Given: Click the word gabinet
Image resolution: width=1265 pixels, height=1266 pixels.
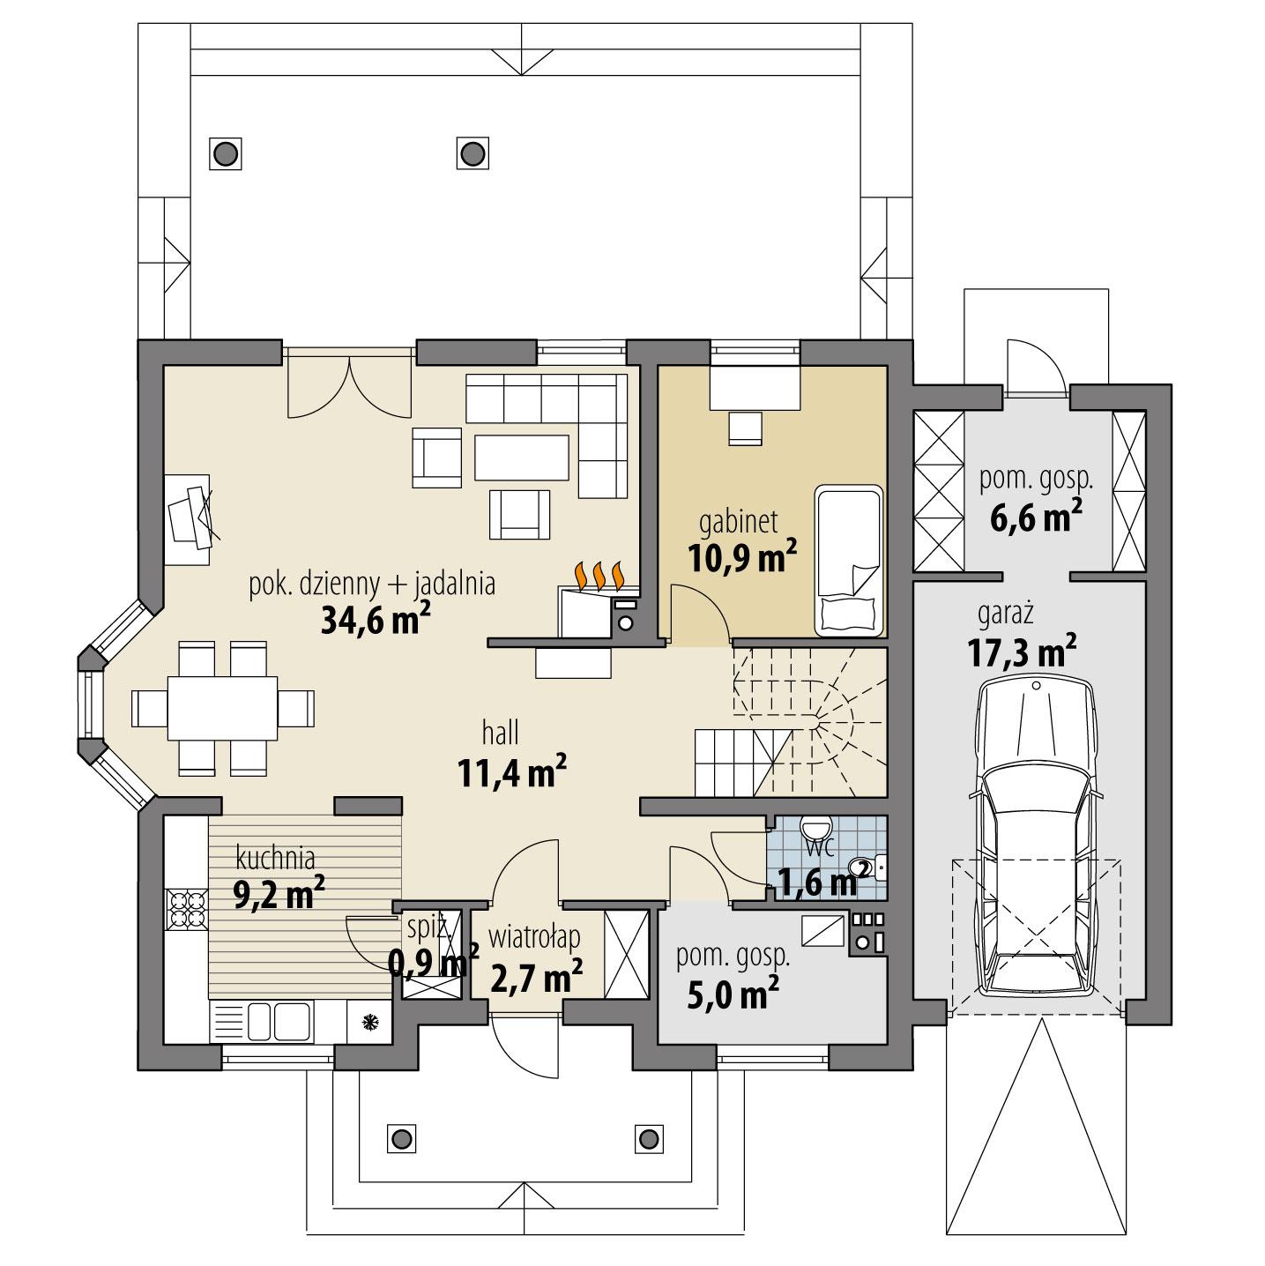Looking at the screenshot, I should (x=738, y=522).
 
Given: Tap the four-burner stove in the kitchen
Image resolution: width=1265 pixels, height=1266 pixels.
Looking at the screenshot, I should (x=186, y=910).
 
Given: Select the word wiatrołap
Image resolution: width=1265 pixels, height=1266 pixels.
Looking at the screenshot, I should (x=535, y=933).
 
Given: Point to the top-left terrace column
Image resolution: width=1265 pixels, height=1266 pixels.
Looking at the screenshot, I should (x=226, y=153).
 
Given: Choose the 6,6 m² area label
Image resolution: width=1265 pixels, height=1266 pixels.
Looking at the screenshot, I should (x=1036, y=518).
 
